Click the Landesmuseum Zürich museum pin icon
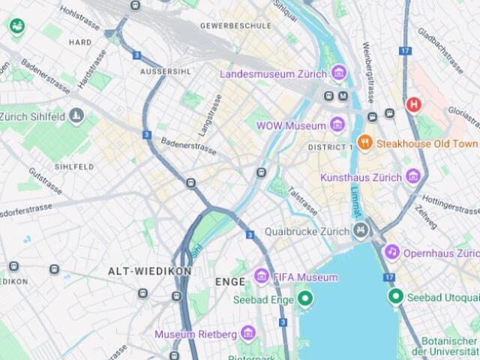coord(338,73)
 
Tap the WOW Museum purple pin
coord(337,125)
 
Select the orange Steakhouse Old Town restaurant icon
coord(364,142)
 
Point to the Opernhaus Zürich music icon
coord(391,253)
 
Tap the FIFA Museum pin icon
coord(261,277)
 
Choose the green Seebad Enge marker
coord(304,299)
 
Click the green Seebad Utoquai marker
coord(396,297)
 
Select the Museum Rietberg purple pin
coord(248,333)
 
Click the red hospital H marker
coord(413,104)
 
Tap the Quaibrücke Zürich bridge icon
coord(361,230)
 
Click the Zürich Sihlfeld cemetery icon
coord(76,116)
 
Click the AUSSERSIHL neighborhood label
coord(165,71)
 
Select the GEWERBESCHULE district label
coord(235,25)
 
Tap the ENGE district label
coord(230,282)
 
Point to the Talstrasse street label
coord(303,200)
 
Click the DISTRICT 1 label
coord(330,147)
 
